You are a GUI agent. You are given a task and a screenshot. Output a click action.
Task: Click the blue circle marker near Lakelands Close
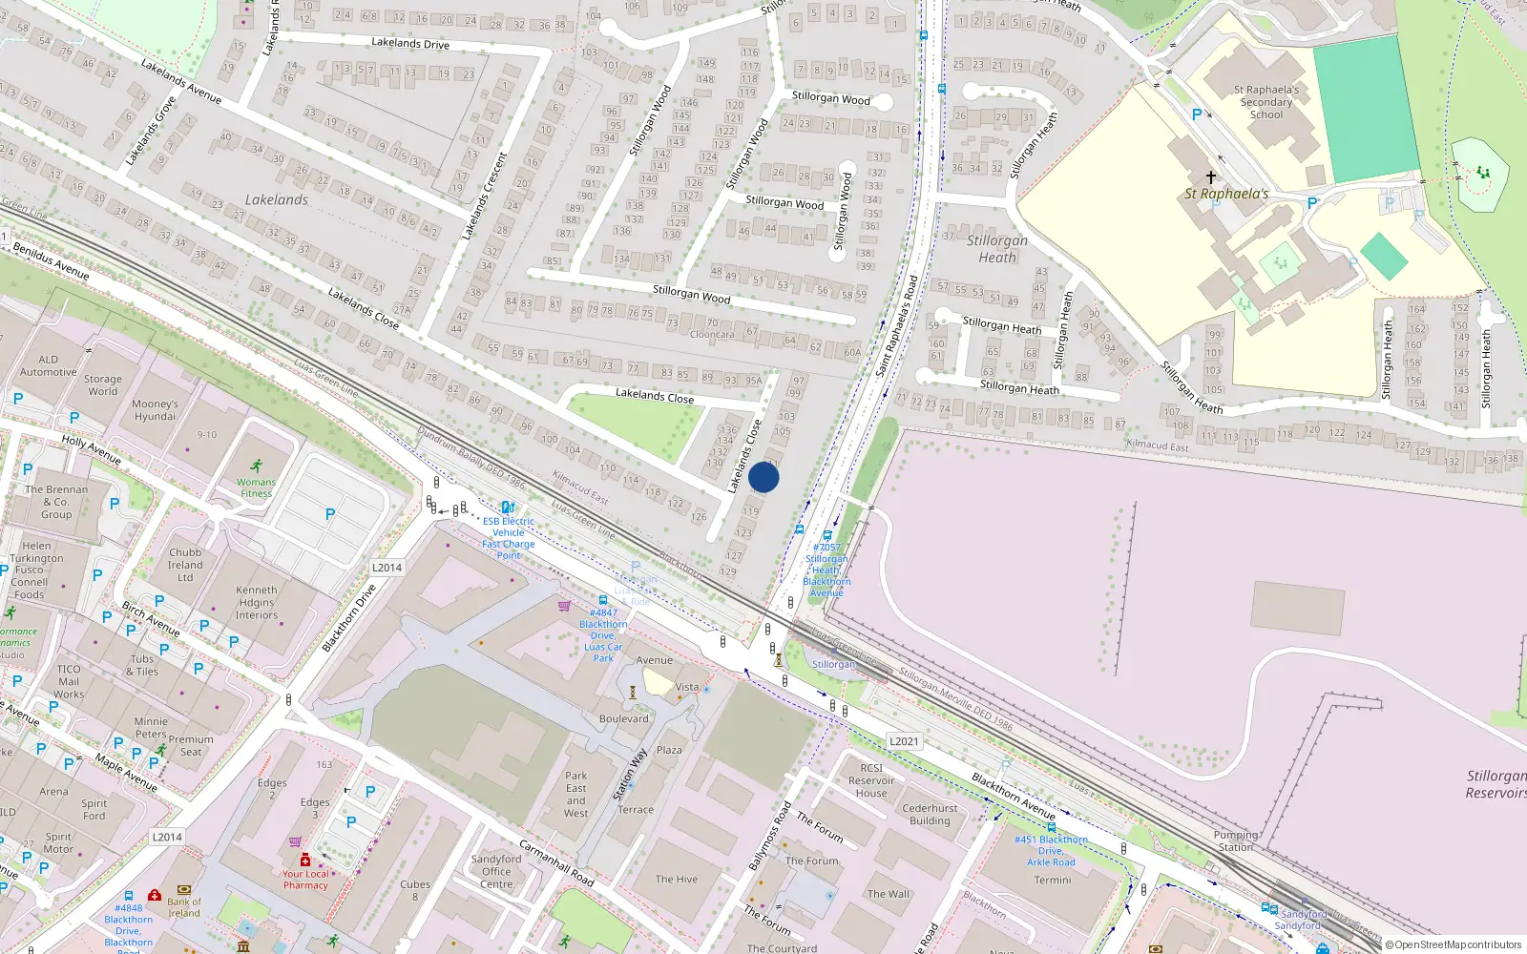(763, 477)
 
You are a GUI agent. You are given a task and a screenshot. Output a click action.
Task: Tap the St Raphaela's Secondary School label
(1266, 102)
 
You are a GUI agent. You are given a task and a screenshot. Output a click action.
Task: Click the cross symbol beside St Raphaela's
(1211, 177)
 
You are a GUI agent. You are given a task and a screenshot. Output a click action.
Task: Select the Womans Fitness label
(256, 487)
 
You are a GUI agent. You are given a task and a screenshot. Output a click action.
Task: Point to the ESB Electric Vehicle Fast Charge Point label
(509, 538)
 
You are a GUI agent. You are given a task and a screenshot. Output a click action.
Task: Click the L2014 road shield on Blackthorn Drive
(387, 568)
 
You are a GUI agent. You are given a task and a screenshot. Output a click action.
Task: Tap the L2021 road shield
(904, 741)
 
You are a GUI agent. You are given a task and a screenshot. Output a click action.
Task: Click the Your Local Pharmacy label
(305, 880)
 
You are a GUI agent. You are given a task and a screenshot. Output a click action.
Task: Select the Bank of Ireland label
(184, 907)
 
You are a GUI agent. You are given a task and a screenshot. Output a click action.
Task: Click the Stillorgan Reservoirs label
(1496, 784)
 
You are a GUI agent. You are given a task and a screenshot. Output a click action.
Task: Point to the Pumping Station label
(1236, 840)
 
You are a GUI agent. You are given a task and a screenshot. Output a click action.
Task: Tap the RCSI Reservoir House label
(871, 780)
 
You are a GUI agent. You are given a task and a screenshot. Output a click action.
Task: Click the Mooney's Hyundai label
(156, 410)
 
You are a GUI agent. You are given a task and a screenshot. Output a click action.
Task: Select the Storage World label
(103, 385)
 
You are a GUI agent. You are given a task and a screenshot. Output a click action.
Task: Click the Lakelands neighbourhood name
(277, 200)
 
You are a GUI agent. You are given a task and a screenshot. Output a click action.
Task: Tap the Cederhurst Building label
(930, 814)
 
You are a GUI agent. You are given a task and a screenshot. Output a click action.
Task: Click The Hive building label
(676, 880)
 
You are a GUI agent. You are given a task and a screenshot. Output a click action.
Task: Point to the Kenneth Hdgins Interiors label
(257, 603)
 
